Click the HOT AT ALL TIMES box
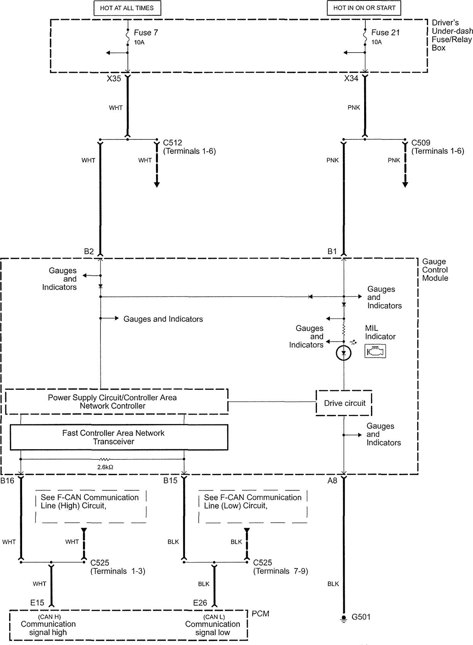127,8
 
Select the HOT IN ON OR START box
364,8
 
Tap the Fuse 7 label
145,33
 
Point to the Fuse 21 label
385,33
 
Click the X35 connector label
114,79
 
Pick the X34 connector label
351,79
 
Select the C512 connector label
172,143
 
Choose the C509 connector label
421,143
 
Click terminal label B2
89,251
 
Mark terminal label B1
332,251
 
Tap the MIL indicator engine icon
375,351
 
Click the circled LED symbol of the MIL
344,353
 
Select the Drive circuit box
344,403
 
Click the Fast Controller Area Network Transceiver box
119,437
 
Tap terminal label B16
7,481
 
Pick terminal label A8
332,481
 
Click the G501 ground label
361,617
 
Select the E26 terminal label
200,603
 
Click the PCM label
261,614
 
